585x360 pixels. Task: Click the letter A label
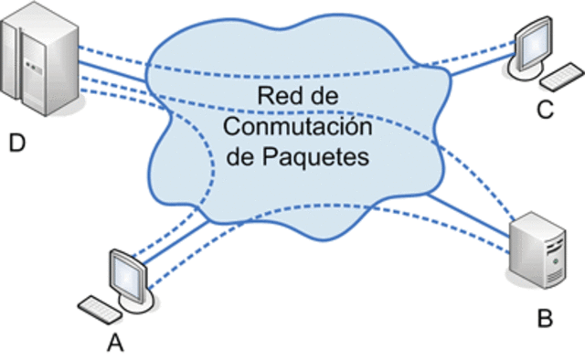[x=115, y=343]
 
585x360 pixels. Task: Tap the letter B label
[x=545, y=319]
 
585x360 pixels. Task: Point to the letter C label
[x=546, y=111]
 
